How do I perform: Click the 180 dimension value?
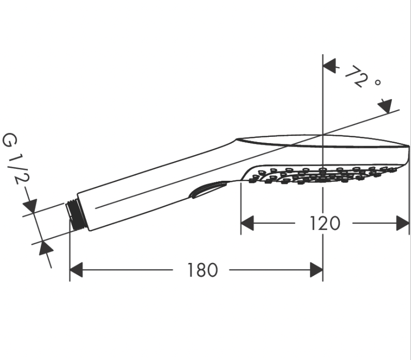click(x=203, y=270)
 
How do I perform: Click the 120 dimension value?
click(x=325, y=223)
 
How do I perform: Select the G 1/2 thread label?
click(x=16, y=159)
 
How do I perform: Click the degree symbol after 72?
click(x=377, y=82)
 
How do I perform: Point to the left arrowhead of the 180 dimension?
click(x=77, y=270)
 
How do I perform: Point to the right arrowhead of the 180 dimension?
click(x=316, y=270)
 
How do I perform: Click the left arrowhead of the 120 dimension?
click(x=247, y=223)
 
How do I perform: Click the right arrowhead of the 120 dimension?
click(x=403, y=223)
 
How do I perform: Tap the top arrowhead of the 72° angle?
click(x=329, y=66)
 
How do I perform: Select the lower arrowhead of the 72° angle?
click(x=386, y=106)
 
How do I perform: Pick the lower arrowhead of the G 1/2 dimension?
click(x=45, y=248)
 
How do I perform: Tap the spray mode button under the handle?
click(x=207, y=190)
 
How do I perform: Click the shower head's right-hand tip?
click(x=408, y=146)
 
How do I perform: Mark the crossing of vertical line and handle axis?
click(x=323, y=134)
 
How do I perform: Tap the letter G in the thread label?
click(x=9, y=140)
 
